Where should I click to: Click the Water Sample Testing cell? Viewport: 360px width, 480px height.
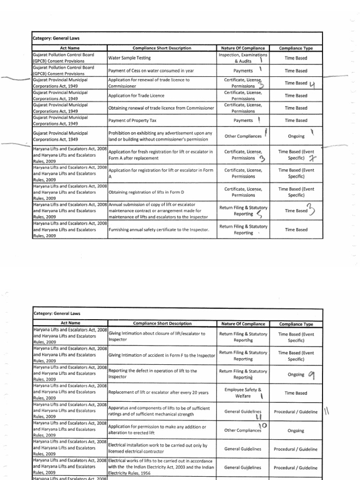126,58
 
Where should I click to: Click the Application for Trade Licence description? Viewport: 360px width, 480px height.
135,96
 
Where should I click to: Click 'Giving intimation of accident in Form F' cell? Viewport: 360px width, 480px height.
161,355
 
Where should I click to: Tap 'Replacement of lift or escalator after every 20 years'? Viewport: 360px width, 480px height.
158,393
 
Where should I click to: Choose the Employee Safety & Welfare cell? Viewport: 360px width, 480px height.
242,393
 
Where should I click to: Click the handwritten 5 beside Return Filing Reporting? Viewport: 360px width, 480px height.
260,214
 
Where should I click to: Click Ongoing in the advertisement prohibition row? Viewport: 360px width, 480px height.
296,136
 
